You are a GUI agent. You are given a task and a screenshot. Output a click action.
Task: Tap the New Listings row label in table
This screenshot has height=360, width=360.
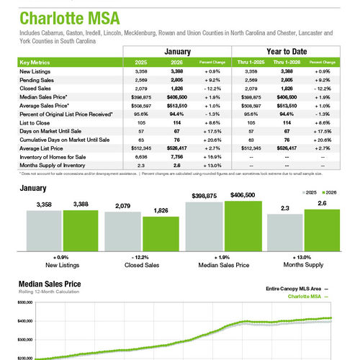pyautogui.click(x=36, y=72)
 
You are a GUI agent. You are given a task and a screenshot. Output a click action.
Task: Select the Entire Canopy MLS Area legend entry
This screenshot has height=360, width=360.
pyautogui.click(x=293, y=287)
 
